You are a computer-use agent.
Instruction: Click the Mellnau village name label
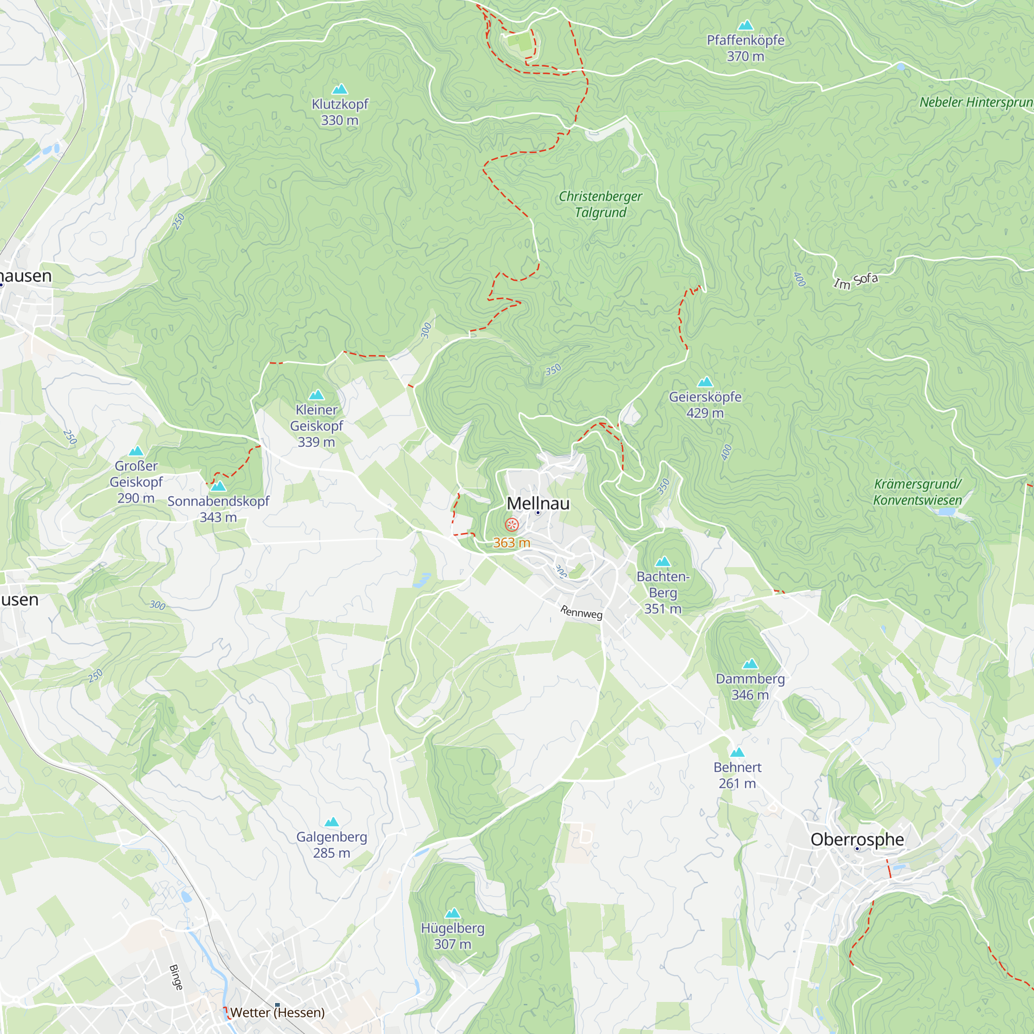click(x=538, y=504)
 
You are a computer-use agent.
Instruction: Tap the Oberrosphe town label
click(x=857, y=839)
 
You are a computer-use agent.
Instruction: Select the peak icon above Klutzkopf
click(x=339, y=89)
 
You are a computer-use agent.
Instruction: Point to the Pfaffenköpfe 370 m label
click(x=745, y=48)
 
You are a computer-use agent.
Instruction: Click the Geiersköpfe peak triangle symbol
click(x=705, y=382)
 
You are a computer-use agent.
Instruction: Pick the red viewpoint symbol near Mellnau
click(x=512, y=524)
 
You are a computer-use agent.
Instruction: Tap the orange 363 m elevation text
click(x=512, y=543)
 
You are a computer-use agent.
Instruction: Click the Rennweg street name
click(x=581, y=612)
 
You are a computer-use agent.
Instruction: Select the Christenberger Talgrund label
click(x=600, y=204)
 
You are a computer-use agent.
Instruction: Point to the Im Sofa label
click(x=855, y=280)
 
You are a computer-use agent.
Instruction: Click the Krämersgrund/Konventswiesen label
click(x=917, y=492)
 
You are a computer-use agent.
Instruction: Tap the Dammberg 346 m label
click(x=750, y=687)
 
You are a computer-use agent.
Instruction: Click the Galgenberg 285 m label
click(x=331, y=845)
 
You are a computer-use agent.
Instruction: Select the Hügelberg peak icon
click(x=453, y=913)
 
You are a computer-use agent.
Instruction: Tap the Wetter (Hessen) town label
click(x=277, y=1012)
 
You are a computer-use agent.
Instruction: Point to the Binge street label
click(x=176, y=977)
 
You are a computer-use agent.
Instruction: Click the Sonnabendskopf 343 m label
click(x=218, y=509)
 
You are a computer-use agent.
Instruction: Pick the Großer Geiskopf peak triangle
click(x=136, y=451)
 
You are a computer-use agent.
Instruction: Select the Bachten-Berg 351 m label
click(x=663, y=592)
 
